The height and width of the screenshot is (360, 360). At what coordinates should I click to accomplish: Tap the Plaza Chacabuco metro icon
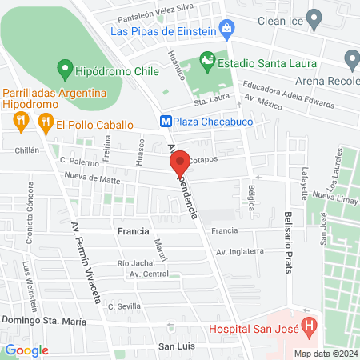point(166,122)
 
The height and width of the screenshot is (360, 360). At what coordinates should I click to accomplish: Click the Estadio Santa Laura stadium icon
point(207,60)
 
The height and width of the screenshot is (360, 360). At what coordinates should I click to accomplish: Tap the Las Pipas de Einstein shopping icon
point(228,30)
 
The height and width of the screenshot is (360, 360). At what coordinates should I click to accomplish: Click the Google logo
point(26,350)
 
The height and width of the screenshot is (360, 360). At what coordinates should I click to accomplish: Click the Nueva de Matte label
point(92,181)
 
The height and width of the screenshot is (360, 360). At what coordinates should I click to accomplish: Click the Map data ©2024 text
point(324,354)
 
